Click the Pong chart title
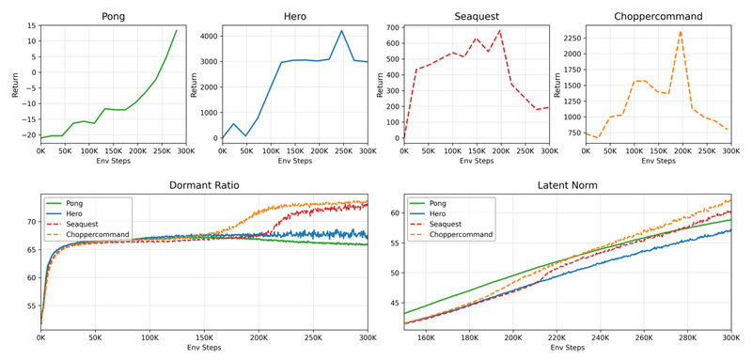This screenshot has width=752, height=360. [x=113, y=16]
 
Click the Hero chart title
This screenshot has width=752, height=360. [x=294, y=16]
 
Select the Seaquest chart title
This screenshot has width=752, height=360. [x=477, y=16]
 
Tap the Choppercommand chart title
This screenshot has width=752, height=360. [x=658, y=16]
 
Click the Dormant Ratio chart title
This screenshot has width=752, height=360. [x=204, y=185]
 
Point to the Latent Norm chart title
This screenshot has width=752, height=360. [x=568, y=185]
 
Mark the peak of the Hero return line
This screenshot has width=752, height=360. [x=342, y=31]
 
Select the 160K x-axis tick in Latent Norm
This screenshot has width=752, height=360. [x=426, y=337]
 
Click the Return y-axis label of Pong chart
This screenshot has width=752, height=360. [x=14, y=85]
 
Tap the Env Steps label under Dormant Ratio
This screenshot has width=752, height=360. [x=204, y=348]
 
